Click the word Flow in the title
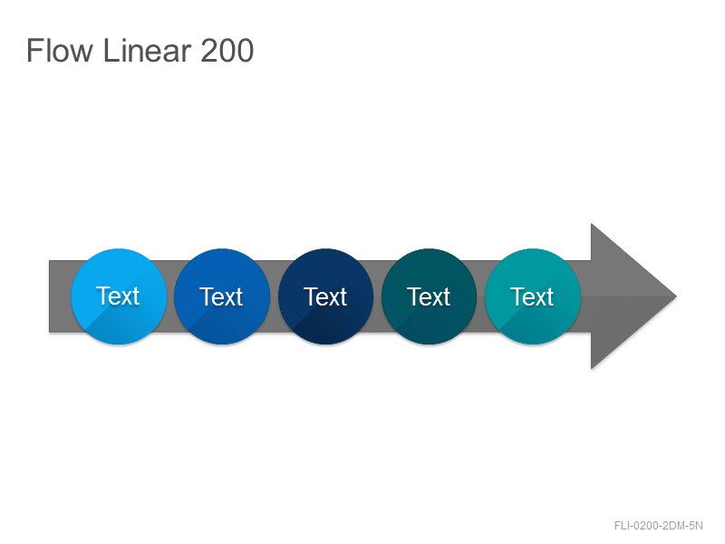pos(60,50)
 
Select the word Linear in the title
pos(147,50)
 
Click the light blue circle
pos(119,296)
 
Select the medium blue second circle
pos(222,296)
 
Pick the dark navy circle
pos(325,296)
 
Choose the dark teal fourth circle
pos(429,296)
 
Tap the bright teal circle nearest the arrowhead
pos(533,296)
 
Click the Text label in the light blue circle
pos(118,296)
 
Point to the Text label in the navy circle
pos(325,296)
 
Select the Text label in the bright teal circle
pos(532,296)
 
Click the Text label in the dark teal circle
pos(429,296)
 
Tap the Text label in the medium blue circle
pos(221,296)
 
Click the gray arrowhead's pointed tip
pos(676,296)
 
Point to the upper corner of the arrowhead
pos(592,224)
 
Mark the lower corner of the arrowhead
pos(592,368)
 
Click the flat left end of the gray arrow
pos(50,296)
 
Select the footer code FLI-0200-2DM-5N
pos(659,526)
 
